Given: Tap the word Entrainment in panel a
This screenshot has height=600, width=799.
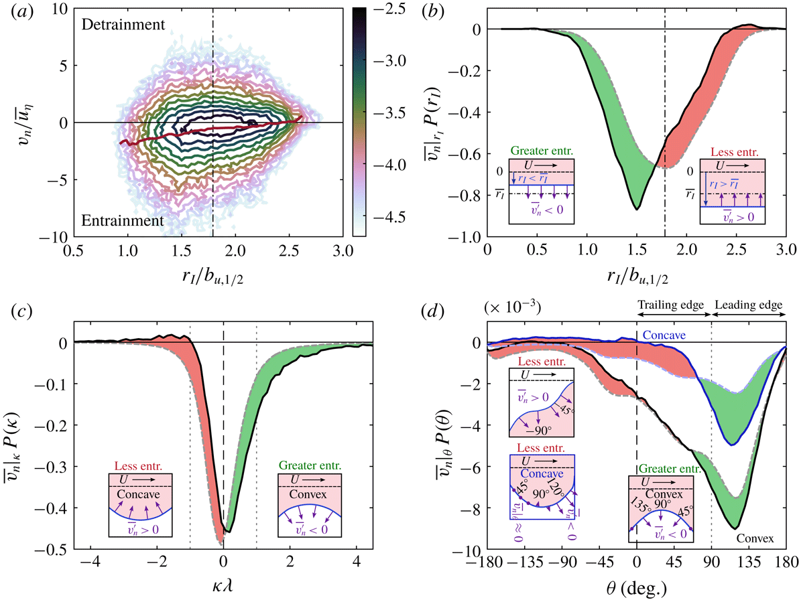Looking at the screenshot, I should [123, 220].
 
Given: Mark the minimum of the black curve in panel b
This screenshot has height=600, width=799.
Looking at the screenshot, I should [637, 210].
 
